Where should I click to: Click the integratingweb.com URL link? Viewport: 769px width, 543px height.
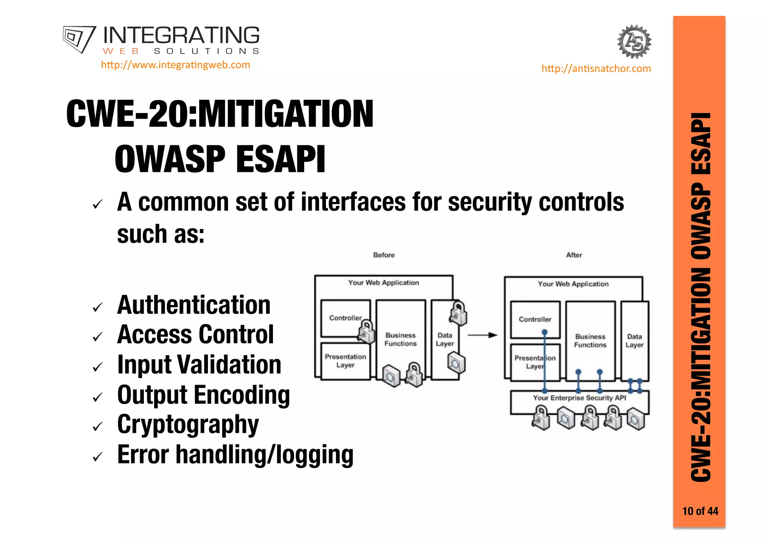coord(175,65)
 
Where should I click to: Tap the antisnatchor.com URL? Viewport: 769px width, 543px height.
coord(596,69)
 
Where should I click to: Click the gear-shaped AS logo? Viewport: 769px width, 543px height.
coord(634,42)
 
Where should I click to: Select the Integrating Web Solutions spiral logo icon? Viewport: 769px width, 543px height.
coord(79,39)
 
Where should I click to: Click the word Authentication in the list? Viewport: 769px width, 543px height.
coord(194,305)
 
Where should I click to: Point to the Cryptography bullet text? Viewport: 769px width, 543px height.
coord(188,425)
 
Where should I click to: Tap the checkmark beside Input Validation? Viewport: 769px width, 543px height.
coord(98,367)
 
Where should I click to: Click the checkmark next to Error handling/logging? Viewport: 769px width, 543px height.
coord(98,456)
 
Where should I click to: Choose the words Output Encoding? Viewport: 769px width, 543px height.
coord(204,395)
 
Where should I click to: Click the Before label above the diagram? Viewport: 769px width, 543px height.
coord(384,255)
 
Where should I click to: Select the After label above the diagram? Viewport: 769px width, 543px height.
coord(574,255)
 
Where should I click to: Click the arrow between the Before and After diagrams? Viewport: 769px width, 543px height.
coord(482,335)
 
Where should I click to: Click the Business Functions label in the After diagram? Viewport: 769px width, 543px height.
coord(590,341)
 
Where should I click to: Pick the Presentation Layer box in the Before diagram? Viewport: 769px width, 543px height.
coord(345,361)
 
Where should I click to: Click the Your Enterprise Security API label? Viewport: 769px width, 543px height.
coord(579,398)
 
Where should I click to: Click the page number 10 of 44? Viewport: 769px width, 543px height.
coord(700,511)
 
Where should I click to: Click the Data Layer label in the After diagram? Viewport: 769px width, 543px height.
coord(634,341)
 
